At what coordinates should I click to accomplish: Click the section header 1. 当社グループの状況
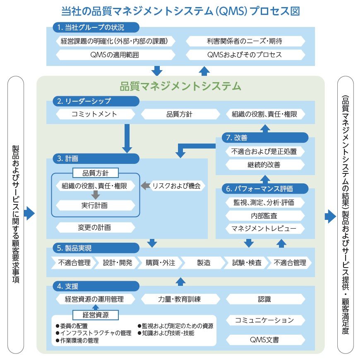pos(96,28)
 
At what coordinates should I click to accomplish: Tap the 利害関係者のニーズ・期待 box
pos(245,41)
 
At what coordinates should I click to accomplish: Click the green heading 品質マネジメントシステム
pos(180,86)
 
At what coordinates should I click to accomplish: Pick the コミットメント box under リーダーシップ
pos(94,114)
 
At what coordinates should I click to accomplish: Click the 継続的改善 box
pos(264,164)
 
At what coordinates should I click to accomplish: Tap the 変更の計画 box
pos(95,227)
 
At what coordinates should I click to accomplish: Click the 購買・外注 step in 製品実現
pos(160,263)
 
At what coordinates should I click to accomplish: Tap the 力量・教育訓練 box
pos(180,299)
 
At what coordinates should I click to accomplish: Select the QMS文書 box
pos(264,340)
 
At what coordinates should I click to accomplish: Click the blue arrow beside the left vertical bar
pos(29,214)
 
